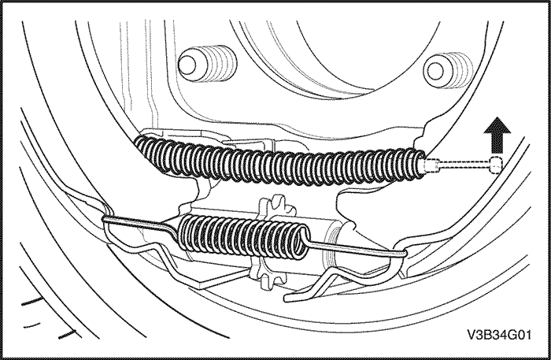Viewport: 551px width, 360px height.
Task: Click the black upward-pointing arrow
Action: pyautogui.click(x=497, y=135)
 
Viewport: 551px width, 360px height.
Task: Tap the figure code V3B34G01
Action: pyautogui.click(x=499, y=334)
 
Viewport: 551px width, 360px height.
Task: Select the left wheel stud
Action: pyautogui.click(x=207, y=64)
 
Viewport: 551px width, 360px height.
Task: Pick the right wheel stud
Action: pyautogui.click(x=449, y=70)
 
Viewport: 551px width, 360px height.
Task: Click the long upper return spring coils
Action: pyautogui.click(x=280, y=161)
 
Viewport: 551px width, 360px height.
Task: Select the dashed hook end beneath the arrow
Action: pyautogui.click(x=495, y=164)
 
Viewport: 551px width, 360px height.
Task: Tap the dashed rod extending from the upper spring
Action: pyautogui.click(x=463, y=164)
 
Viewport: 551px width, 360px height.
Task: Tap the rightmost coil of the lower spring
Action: pyautogui.click(x=303, y=242)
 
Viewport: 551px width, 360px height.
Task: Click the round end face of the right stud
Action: pyautogui.click(x=435, y=71)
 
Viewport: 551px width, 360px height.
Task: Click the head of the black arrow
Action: pyautogui.click(x=497, y=125)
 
